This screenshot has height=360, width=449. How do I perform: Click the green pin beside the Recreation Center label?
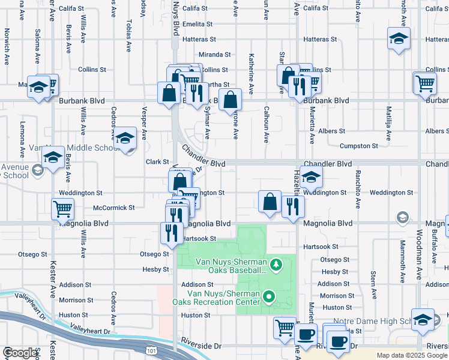tap(269, 296)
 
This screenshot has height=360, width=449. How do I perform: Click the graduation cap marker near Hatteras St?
tap(399, 39)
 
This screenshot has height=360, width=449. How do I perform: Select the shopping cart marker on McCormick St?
tap(63, 209)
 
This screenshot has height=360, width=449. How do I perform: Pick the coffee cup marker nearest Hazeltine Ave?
tap(306, 334)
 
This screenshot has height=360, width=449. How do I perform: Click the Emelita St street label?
tap(198, 24)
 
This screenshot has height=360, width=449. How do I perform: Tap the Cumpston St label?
tap(358, 146)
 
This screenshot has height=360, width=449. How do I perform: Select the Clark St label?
tap(157, 162)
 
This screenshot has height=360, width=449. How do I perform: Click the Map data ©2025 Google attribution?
tap(412, 355)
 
